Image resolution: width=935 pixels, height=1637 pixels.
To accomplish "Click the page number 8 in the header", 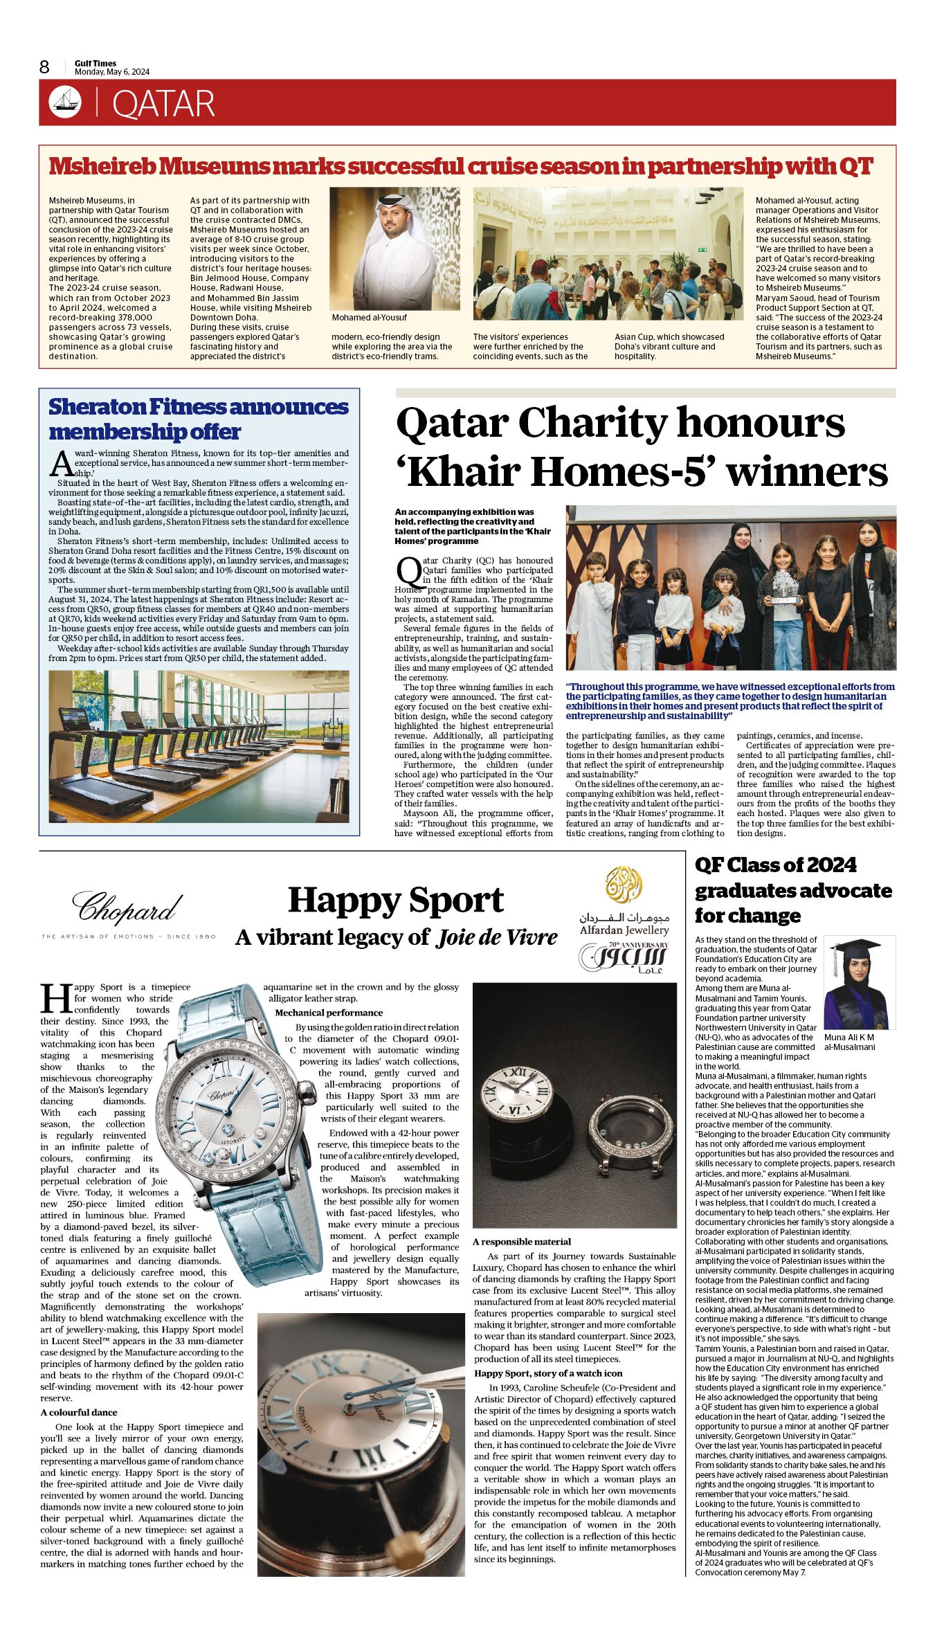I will point(44,67).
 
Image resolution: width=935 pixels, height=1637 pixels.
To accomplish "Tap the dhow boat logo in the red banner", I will point(65,102).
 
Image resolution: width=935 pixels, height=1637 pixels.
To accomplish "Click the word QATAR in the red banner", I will point(163,104).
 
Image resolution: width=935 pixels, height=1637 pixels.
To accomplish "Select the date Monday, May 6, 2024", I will point(111,72).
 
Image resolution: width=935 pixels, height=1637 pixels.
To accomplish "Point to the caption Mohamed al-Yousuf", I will point(370,318).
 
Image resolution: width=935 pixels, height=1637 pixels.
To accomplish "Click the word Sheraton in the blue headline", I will point(96,407).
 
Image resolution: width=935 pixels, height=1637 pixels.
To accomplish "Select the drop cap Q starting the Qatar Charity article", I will point(408,570).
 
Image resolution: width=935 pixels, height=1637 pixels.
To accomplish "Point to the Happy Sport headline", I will point(396,901).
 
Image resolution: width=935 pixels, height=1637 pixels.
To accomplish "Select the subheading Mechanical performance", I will point(329,1013).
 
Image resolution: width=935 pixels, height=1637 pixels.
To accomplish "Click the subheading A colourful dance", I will point(79,1412).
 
